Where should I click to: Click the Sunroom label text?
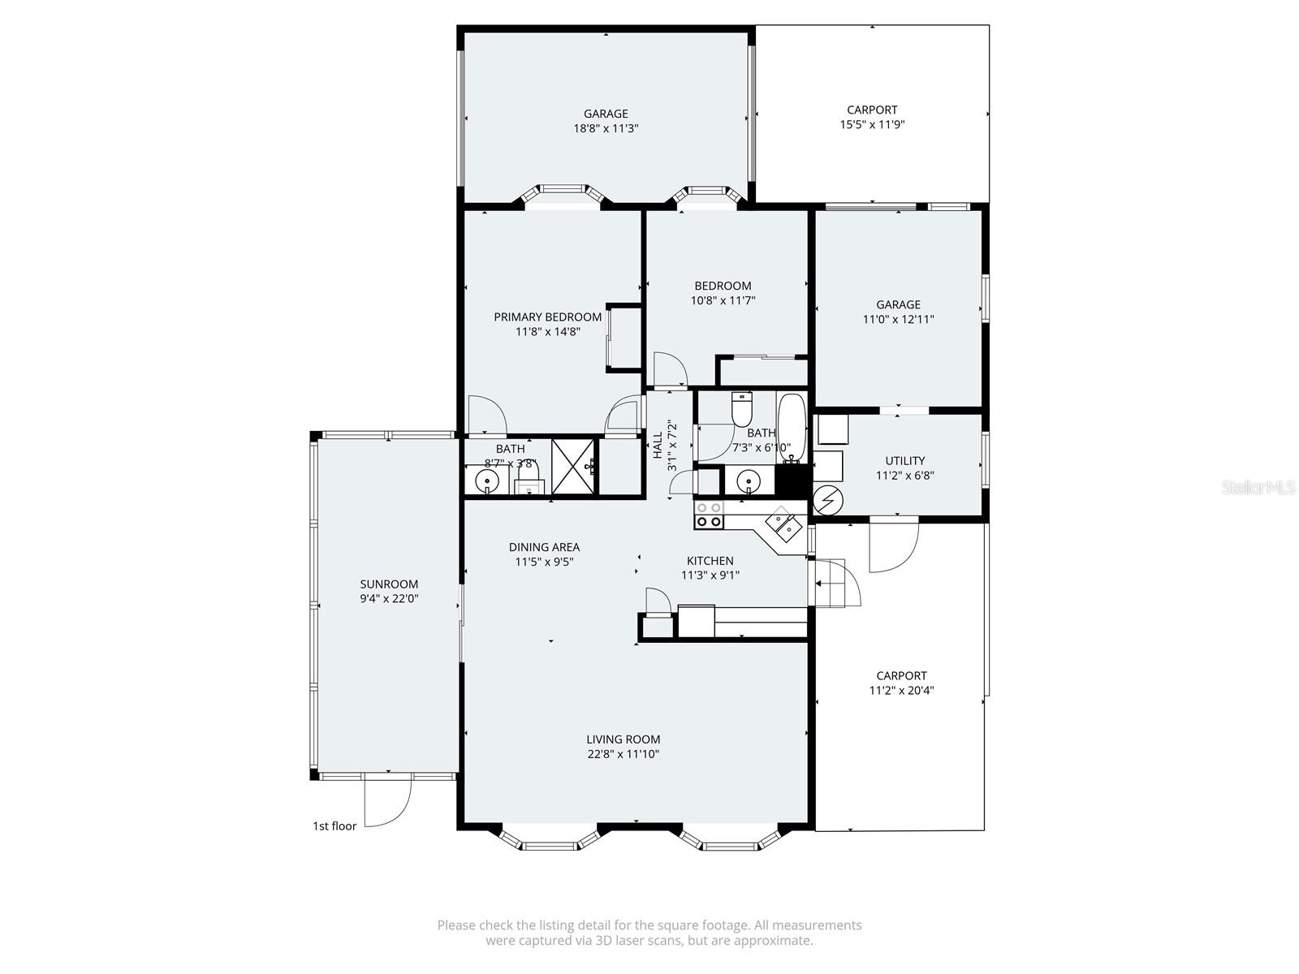[x=389, y=584]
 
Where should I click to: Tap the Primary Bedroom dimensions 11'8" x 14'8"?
[x=548, y=331]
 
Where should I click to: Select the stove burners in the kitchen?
[x=709, y=515]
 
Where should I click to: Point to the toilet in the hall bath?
[x=742, y=410]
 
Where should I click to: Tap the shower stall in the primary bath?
[x=573, y=466]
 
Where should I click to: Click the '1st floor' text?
[x=334, y=826]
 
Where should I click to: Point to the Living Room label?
[x=624, y=739]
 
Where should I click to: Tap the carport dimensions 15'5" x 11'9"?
[x=872, y=125]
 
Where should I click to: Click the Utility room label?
[x=904, y=460]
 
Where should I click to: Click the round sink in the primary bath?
[x=487, y=481]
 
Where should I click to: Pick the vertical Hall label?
[x=657, y=446]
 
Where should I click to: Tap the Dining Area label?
[x=544, y=547]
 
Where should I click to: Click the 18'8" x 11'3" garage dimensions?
[x=606, y=128]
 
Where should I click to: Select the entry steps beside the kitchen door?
[x=830, y=583]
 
